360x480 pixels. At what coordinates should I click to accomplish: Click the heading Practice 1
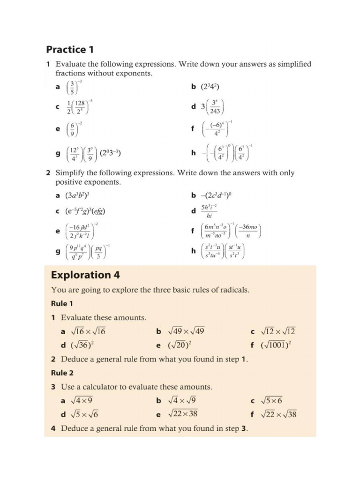66,49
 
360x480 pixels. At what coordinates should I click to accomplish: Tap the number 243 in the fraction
215,111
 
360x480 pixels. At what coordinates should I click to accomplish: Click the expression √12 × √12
278,332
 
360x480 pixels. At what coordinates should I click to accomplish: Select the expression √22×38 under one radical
183,414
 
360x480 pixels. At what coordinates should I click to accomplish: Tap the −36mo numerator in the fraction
248,227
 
